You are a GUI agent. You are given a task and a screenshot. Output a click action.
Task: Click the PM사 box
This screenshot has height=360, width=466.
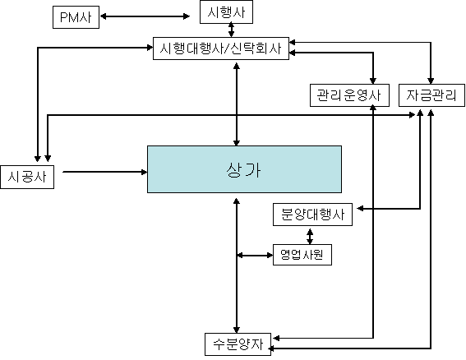[76, 17]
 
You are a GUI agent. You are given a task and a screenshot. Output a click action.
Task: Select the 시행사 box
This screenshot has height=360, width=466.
[226, 12]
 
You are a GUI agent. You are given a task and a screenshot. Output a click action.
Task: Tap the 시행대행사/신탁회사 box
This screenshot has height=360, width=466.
[221, 48]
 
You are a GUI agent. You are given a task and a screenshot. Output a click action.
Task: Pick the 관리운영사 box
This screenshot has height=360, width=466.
[349, 95]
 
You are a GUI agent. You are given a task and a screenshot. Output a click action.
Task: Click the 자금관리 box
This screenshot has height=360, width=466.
[431, 95]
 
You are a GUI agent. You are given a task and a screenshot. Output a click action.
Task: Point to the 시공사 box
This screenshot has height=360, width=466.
[27, 177]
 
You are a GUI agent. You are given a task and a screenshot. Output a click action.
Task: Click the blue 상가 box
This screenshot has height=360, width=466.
[244, 169]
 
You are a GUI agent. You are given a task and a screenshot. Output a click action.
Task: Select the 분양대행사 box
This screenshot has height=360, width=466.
[312, 215]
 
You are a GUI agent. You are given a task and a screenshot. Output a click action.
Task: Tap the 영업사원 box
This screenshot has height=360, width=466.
[302, 255]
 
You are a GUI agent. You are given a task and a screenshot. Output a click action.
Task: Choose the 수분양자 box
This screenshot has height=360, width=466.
[238, 344]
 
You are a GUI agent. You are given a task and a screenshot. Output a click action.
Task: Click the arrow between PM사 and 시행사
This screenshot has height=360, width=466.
[145, 16]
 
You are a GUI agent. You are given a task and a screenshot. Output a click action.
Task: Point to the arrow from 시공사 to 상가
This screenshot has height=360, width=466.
[105, 172]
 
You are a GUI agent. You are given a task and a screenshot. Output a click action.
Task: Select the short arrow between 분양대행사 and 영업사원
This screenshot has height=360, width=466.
[310, 237]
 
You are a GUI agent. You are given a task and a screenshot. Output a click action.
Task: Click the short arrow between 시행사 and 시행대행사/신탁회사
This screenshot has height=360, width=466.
[231, 30]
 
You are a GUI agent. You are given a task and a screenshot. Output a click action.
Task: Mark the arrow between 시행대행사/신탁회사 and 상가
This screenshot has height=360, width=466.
[237, 104]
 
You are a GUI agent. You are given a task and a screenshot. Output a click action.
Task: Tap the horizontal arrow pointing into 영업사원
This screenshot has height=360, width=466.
[255, 255]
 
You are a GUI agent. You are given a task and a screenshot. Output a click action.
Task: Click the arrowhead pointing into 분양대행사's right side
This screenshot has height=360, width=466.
[360, 209]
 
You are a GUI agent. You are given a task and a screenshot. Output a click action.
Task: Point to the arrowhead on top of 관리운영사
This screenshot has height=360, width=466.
[373, 81]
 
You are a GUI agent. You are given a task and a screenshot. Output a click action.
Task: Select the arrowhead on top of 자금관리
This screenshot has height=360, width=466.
[431, 81]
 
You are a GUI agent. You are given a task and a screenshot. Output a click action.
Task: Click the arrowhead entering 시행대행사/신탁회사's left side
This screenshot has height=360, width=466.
[150, 48]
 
